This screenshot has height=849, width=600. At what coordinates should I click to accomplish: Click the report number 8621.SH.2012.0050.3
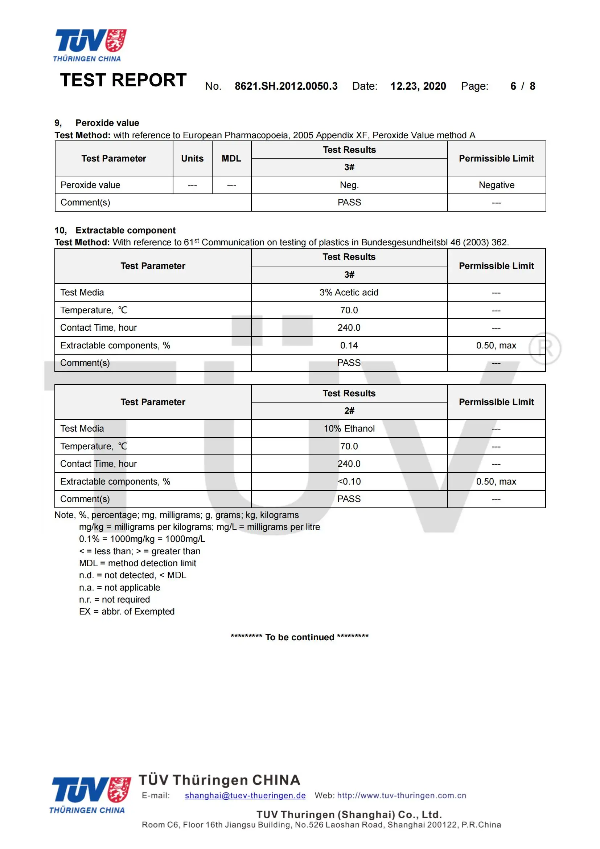coord(286,86)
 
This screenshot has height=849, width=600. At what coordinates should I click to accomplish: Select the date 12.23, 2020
coord(418,86)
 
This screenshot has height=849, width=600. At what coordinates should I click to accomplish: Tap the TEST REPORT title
coord(123,80)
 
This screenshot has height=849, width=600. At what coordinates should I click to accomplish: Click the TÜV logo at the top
coord(91,45)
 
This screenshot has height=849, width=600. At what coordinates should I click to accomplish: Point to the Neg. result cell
coord(349,185)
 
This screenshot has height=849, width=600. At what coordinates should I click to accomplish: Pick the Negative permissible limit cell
coord(496,185)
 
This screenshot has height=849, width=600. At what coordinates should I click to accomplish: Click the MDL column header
coord(231,158)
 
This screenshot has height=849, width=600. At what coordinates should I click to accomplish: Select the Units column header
coord(192,158)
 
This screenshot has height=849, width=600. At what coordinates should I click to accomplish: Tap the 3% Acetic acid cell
coord(349,293)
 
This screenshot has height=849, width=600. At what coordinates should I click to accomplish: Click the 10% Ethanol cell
coord(349,429)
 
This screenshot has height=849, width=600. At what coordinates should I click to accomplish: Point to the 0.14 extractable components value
coord(349,345)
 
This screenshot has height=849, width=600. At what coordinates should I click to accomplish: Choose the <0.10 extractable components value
coord(349,481)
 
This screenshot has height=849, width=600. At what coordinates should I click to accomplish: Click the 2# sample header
coord(349,411)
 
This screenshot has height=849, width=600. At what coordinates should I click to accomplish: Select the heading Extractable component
coord(126,230)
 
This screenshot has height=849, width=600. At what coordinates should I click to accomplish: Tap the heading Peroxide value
coord(107,123)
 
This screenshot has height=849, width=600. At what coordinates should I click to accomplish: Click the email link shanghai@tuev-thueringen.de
coord(245,795)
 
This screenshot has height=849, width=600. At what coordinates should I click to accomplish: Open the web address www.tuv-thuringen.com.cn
coord(402,795)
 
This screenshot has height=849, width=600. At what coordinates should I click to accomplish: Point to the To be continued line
coord(300,637)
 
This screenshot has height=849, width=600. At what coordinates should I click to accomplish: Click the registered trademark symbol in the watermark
coord(544,348)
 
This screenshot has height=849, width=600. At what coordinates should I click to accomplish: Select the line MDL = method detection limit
coord(137,563)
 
